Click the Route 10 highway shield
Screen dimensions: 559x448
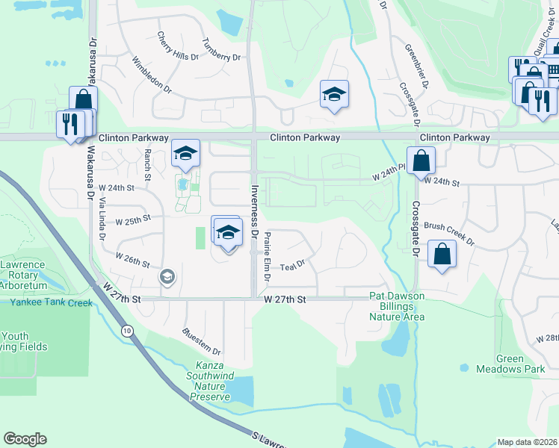pyautogui.click(x=129, y=330)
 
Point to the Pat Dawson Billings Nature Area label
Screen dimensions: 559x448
pyautogui.click(x=397, y=306)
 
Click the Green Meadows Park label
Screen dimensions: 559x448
pyautogui.click(x=512, y=364)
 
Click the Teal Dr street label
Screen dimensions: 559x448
pyautogui.click(x=292, y=264)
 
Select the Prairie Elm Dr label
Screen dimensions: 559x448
pyautogui.click(x=265, y=254)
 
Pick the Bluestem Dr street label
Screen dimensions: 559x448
pyautogui.click(x=202, y=340)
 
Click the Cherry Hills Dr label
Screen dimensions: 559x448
pyautogui.click(x=178, y=46)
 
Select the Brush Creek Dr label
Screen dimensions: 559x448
pyautogui.click(x=448, y=233)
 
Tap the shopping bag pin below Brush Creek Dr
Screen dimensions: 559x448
pyautogui.click(x=442, y=255)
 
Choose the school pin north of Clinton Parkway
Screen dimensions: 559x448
pyautogui.click(x=334, y=94)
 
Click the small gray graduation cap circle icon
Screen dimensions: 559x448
pyautogui.click(x=167, y=278)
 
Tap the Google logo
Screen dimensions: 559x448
pyautogui.click(x=25, y=439)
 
